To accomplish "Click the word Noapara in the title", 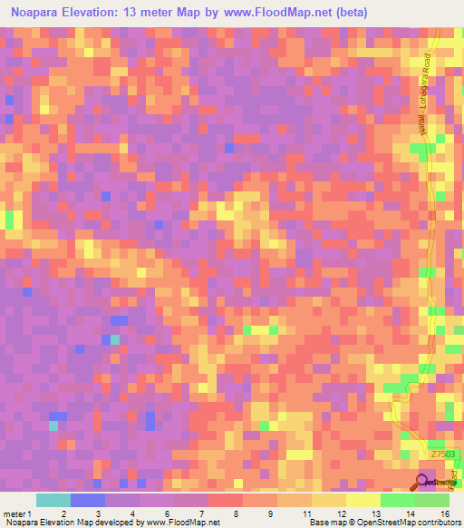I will (x=41, y=15).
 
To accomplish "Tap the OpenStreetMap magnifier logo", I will (x=423, y=480).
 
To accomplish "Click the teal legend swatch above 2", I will (x=53, y=500).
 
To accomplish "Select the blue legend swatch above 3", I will (x=87, y=500).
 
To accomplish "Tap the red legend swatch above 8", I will (x=225, y=500).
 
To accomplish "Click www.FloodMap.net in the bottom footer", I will (x=182, y=523).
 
